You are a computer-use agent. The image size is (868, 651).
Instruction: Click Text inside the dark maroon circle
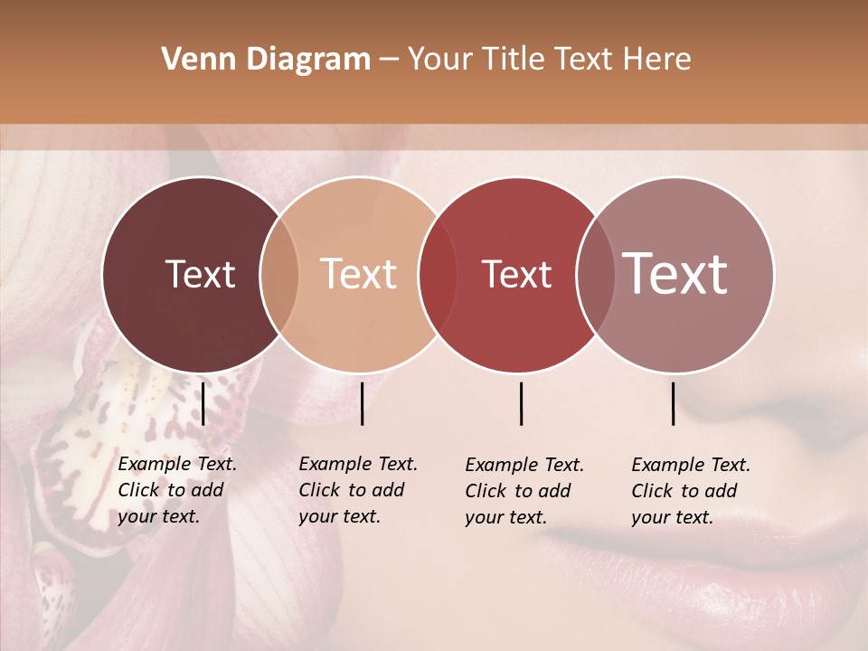click(200, 274)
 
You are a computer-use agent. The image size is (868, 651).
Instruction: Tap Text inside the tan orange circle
click(359, 274)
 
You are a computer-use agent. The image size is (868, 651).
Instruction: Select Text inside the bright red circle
click(516, 274)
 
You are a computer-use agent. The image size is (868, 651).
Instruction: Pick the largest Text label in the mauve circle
click(675, 274)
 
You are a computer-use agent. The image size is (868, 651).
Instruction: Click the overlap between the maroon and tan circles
click(279, 274)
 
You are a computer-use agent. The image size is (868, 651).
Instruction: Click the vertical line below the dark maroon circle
click(203, 403)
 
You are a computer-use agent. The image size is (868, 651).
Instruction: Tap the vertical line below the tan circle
click(362, 403)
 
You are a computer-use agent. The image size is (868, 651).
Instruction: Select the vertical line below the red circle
click(522, 403)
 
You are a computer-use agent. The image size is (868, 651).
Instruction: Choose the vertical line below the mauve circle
click(674, 403)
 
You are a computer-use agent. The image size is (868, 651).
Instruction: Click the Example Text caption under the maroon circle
click(176, 490)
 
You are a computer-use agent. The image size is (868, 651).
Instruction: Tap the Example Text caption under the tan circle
click(357, 490)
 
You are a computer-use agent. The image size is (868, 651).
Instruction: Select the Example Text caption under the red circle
click(524, 491)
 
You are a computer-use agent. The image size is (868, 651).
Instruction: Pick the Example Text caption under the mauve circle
click(690, 491)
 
